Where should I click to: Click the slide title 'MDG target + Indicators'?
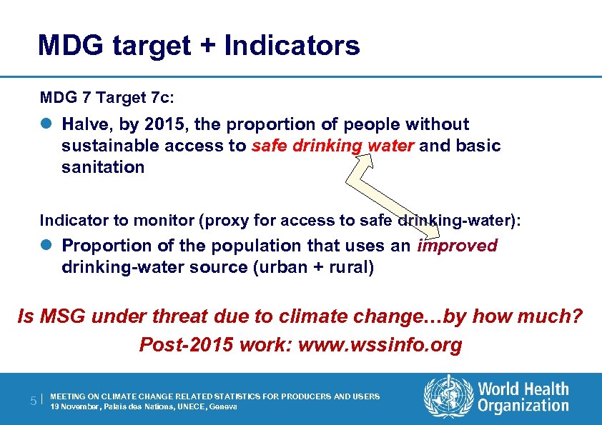tap(199, 46)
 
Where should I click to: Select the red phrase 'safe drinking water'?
tap(332, 146)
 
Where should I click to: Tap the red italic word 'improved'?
tap(458, 246)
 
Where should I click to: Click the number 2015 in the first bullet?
tap(166, 124)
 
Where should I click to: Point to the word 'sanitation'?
tap(103, 168)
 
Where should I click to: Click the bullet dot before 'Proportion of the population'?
tap(46, 246)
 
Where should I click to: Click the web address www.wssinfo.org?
tap(380, 346)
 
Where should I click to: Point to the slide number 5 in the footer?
tap(34, 401)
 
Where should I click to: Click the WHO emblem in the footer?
tap(449, 397)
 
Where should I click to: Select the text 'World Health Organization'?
tap(523, 398)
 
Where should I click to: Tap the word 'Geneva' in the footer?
tap(222, 406)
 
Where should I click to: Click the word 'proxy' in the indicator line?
tap(225, 221)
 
